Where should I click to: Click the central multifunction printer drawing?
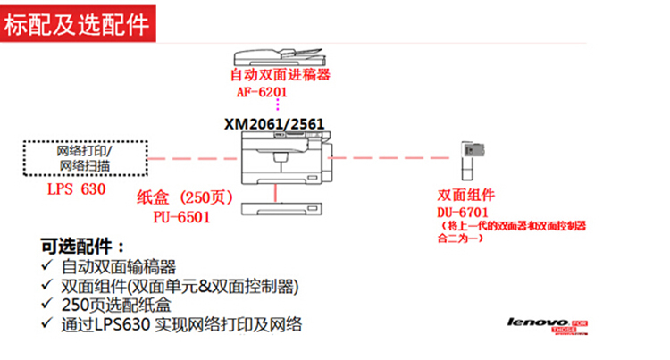[285, 162]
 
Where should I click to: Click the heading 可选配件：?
[83, 247]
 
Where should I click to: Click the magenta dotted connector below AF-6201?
[278, 106]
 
